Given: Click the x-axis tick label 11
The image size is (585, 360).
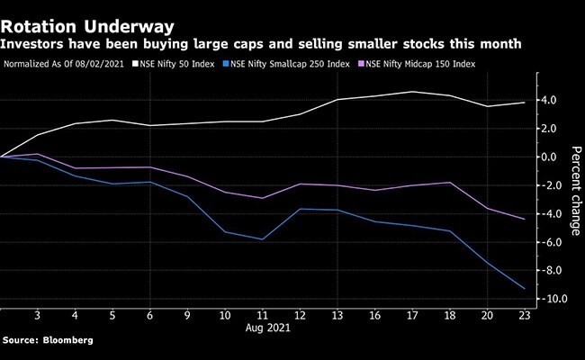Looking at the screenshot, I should (x=262, y=316).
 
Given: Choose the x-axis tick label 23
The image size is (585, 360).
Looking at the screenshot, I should (x=523, y=316).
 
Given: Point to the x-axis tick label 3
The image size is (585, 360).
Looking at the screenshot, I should (x=37, y=316).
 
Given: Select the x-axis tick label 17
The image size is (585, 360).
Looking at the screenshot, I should (x=411, y=316).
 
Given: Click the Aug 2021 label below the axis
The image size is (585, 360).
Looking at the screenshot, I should (x=262, y=329).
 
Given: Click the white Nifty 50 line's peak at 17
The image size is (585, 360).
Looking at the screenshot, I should (x=411, y=92).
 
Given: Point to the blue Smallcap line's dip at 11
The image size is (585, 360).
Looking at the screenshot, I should (x=262, y=239).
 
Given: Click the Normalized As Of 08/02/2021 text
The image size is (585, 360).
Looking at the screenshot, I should (x=63, y=65).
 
